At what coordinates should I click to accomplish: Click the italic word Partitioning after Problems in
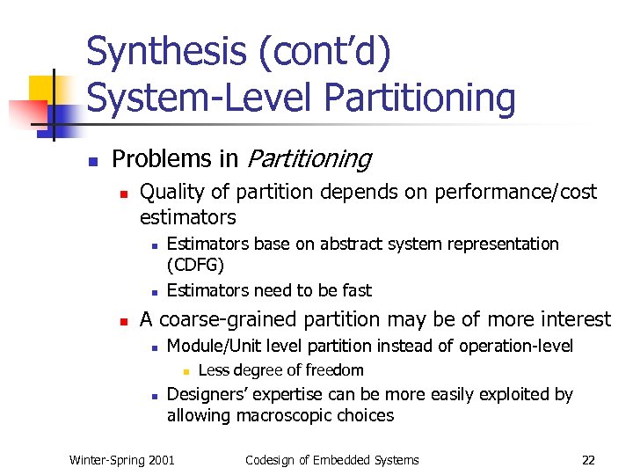pyautogui.click(x=309, y=159)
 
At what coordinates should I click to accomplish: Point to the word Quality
pyautogui.click(x=171, y=192)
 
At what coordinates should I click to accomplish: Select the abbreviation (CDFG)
pyautogui.click(x=195, y=266)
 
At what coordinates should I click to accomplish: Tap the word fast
pyautogui.click(x=355, y=290)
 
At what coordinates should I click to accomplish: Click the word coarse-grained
pyautogui.click(x=235, y=319)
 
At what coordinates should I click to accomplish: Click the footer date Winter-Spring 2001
pyautogui.click(x=122, y=460)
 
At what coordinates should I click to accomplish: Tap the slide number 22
pyautogui.click(x=588, y=460)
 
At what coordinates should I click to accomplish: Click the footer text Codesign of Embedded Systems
pyautogui.click(x=332, y=460)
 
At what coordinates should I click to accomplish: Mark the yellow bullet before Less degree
pyautogui.click(x=186, y=371)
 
